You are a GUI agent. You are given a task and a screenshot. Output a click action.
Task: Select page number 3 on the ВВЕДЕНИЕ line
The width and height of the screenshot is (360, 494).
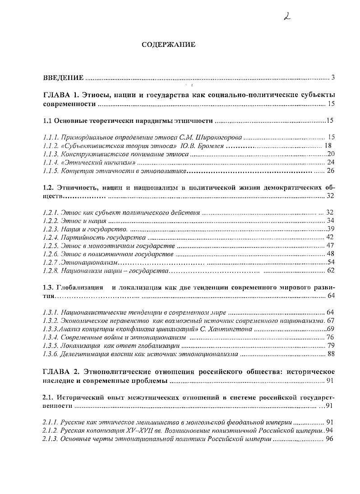pos(332,77)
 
